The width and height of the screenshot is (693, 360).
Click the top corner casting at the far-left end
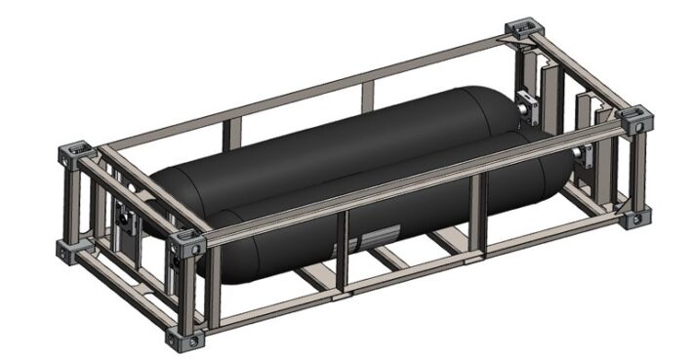pyautogui.click(x=75, y=153)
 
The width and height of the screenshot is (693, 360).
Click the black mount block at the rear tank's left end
pyautogui.click(x=122, y=215)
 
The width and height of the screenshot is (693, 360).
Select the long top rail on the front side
pyautogui.click(x=410, y=180)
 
